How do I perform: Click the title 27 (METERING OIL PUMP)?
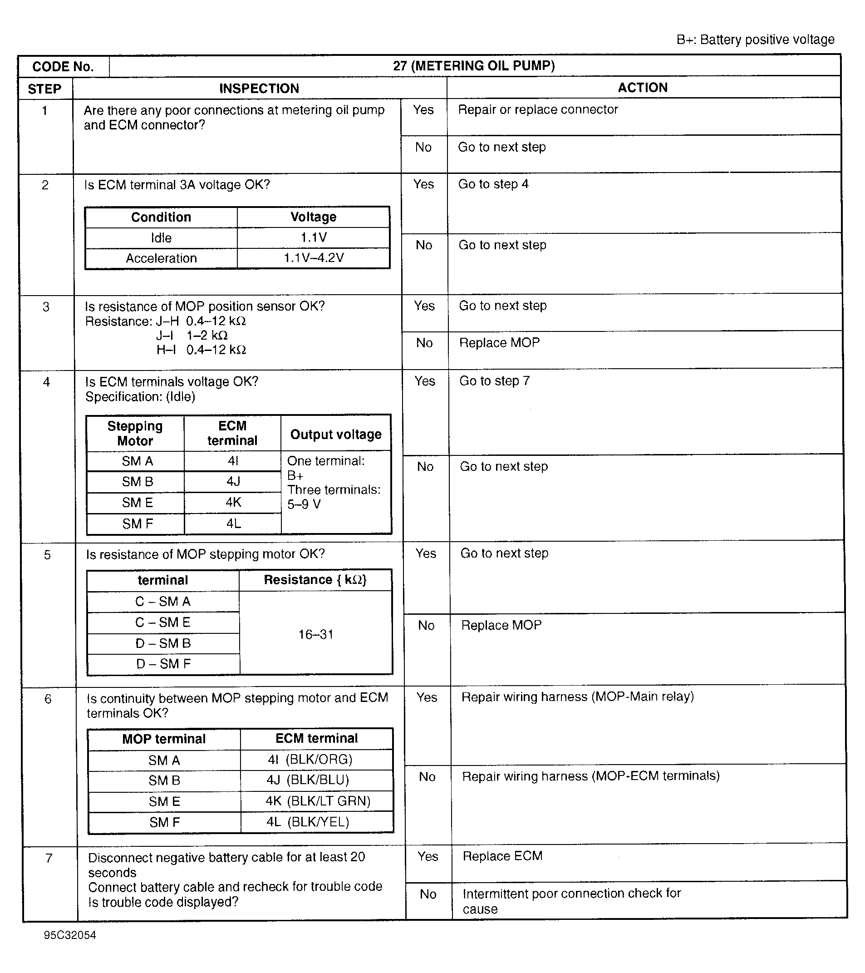pyautogui.click(x=474, y=66)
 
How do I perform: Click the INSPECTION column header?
pyautogui.click(x=259, y=89)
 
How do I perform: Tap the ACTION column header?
pyautogui.click(x=642, y=88)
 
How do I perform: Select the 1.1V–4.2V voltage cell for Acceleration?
pyautogui.click(x=314, y=258)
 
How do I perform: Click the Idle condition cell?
pyautogui.click(x=161, y=237)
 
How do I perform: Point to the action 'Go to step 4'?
pyautogui.click(x=493, y=184)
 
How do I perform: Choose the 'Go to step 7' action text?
pyautogui.click(x=494, y=381)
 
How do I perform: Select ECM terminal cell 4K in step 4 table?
pyautogui.click(x=233, y=502)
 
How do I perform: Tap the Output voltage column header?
pyautogui.click(x=335, y=434)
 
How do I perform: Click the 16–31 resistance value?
pyautogui.click(x=315, y=634)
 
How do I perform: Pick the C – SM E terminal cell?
pyautogui.click(x=163, y=622)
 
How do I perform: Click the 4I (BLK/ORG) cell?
pyautogui.click(x=310, y=759)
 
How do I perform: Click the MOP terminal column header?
pyautogui.click(x=164, y=739)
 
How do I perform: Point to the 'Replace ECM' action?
pyautogui.click(x=502, y=856)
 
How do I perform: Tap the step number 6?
pyautogui.click(x=48, y=699)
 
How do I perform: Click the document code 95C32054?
pyautogui.click(x=69, y=935)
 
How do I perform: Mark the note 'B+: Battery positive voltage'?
pyautogui.click(x=755, y=40)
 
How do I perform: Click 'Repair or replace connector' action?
pyautogui.click(x=538, y=109)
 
